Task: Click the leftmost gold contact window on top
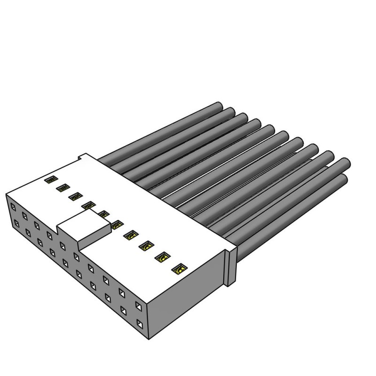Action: click(50, 180)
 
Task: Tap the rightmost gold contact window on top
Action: click(179, 270)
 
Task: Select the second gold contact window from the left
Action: click(62, 188)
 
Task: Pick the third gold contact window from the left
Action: click(74, 196)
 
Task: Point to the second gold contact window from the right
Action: click(163, 258)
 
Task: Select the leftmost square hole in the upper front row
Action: click(13, 206)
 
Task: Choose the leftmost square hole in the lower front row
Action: click(17, 223)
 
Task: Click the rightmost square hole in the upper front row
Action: click(139, 306)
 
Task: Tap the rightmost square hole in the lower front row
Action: click(140, 323)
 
